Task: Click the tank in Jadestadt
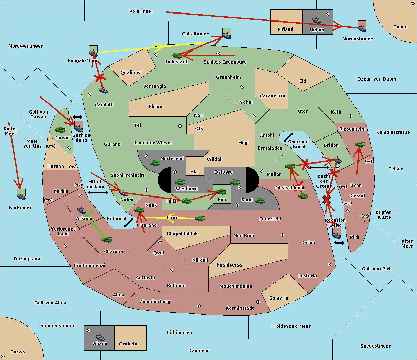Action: point(177,55)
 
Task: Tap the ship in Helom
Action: point(317,20)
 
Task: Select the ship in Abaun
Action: point(100,337)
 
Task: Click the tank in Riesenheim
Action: point(360,144)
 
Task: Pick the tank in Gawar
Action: point(60,130)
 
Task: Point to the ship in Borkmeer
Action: point(22,196)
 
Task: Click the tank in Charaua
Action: point(107,240)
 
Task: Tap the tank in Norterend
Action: point(155,163)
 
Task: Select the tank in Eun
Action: point(221,192)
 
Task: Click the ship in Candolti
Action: point(103,90)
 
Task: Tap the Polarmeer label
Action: point(141,11)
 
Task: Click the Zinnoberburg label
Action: point(155,302)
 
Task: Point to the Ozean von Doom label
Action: point(377,79)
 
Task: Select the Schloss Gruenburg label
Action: point(225,62)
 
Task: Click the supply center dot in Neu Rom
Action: point(283,235)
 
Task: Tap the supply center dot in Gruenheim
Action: point(242,87)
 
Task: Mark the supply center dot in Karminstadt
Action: point(258,302)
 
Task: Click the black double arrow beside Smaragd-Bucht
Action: point(288,137)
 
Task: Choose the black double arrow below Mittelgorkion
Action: point(98,193)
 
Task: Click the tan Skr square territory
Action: point(195,166)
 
